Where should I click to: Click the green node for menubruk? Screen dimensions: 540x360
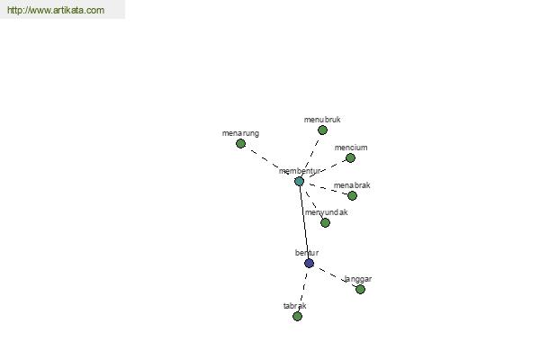click(x=322, y=130)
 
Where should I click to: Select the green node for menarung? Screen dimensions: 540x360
click(x=240, y=143)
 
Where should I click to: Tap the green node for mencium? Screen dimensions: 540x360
click(x=350, y=157)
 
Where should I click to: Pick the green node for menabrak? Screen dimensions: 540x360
click(x=352, y=195)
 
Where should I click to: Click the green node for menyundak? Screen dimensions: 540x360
click(x=325, y=223)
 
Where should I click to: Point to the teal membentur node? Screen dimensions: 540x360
click(x=300, y=181)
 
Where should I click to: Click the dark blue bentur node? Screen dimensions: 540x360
click(x=309, y=263)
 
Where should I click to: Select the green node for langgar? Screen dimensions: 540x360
click(x=360, y=289)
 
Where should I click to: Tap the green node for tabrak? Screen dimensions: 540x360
click(x=297, y=316)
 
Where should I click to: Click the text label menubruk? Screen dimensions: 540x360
click(x=322, y=120)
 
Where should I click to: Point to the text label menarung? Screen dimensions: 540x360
click(x=240, y=133)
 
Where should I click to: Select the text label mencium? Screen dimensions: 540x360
click(x=351, y=148)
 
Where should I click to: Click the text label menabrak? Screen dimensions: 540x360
click(x=352, y=185)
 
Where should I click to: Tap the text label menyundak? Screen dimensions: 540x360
click(x=326, y=212)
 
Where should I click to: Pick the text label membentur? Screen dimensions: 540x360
click(x=300, y=171)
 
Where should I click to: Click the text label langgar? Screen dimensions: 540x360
click(x=358, y=279)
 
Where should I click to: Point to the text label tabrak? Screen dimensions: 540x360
click(x=295, y=306)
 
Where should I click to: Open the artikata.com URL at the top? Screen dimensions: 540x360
click(x=56, y=10)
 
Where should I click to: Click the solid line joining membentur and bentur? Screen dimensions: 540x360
click(x=304, y=222)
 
